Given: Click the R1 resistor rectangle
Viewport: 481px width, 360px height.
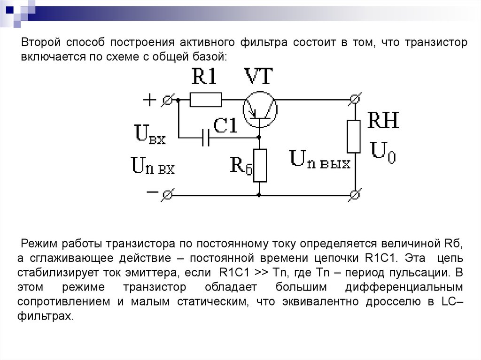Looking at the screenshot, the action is click(206, 100).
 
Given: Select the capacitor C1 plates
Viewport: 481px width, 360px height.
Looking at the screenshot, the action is click(206, 138).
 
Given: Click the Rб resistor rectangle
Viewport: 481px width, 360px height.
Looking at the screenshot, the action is click(259, 166).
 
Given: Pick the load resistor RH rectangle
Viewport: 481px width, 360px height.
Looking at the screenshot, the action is click(353, 137).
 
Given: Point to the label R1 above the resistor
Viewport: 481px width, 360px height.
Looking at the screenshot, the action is click(204, 76).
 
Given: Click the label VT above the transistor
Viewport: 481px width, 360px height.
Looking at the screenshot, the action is click(258, 76).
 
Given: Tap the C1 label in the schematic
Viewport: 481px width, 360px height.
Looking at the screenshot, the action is click(225, 125).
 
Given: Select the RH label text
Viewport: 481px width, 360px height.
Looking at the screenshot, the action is click(383, 120).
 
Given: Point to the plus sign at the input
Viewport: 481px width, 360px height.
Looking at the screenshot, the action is click(150, 100).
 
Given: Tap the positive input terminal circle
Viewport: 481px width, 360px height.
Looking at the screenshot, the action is click(168, 100).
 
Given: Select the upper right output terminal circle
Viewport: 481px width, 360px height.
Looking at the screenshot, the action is click(355, 99).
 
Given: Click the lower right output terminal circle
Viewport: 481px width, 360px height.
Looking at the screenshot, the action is click(355, 195).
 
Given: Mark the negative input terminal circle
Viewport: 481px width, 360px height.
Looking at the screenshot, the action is click(168, 195).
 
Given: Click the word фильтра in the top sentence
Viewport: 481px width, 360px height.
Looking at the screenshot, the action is click(264, 43).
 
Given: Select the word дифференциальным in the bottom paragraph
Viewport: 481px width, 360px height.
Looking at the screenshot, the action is click(404, 287).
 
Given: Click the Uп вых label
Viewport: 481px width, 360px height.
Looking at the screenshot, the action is click(319, 160).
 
